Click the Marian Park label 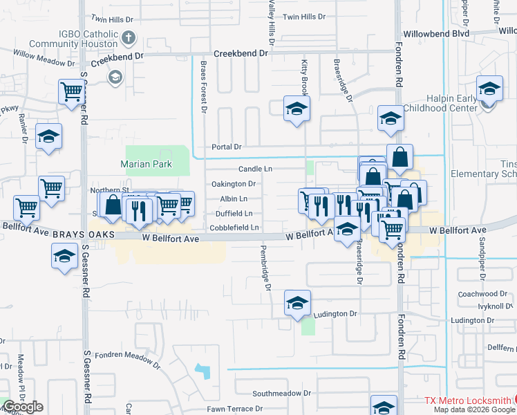click(145, 164)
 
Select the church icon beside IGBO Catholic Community click(128, 38)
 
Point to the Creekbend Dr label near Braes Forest click(240, 53)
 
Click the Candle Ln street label click(255, 169)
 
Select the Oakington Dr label click(234, 184)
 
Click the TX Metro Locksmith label click(468, 400)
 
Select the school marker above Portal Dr click(297, 109)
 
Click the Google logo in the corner click(23, 407)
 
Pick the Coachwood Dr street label click(482, 294)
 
